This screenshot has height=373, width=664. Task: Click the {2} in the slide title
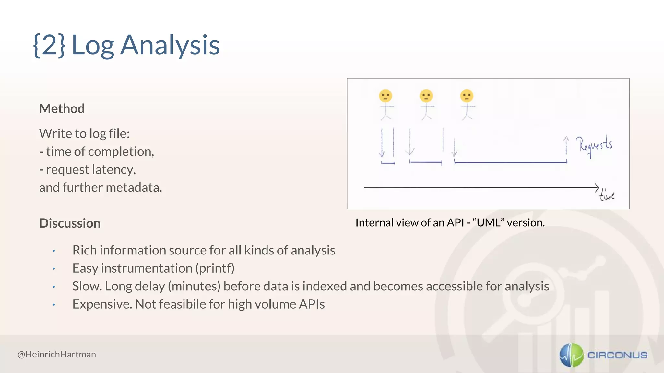pyautogui.click(x=49, y=45)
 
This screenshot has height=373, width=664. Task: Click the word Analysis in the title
pyautogui.click(x=170, y=45)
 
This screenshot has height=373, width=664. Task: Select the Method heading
pyautogui.click(x=62, y=108)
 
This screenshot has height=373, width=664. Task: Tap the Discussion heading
pyautogui.click(x=70, y=223)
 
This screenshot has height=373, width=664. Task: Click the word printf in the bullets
pyautogui.click(x=215, y=268)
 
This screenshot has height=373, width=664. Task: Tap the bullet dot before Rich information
pyautogui.click(x=54, y=251)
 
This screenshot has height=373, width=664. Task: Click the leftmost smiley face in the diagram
pyautogui.click(x=385, y=96)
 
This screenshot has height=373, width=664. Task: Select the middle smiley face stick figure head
pyautogui.click(x=426, y=96)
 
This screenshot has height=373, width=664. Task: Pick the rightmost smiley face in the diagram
pyautogui.click(x=467, y=96)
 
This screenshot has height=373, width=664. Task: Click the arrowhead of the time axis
pyautogui.click(x=596, y=187)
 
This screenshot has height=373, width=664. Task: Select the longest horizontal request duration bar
pyautogui.click(x=511, y=162)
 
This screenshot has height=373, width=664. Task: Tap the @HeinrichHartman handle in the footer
pyautogui.click(x=57, y=354)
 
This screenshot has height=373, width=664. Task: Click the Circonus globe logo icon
pyautogui.click(x=571, y=355)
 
